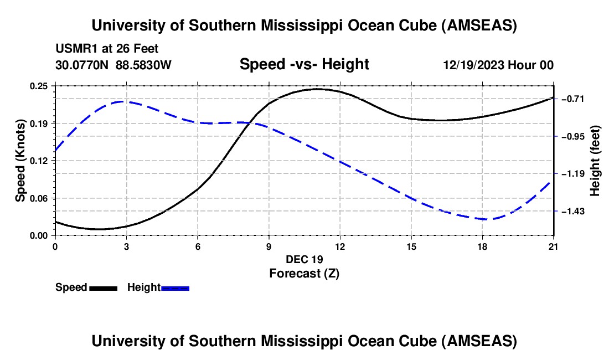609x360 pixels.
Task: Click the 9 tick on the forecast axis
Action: [269, 246]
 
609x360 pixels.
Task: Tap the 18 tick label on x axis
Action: [482, 246]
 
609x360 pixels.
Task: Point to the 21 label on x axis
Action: [554, 246]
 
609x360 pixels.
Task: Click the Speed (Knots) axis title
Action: [20, 161]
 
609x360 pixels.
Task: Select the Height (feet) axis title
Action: [596, 161]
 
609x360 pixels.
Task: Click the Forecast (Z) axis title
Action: [304, 273]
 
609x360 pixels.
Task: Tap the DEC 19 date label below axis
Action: [304, 259]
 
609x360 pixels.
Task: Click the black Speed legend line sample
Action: [103, 288]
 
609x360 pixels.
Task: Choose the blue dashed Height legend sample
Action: [175, 288]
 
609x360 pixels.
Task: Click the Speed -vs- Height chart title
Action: [304, 64]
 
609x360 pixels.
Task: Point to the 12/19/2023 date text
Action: [474, 65]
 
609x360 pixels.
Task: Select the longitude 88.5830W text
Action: [143, 65]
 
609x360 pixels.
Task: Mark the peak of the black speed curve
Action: [317, 89]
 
